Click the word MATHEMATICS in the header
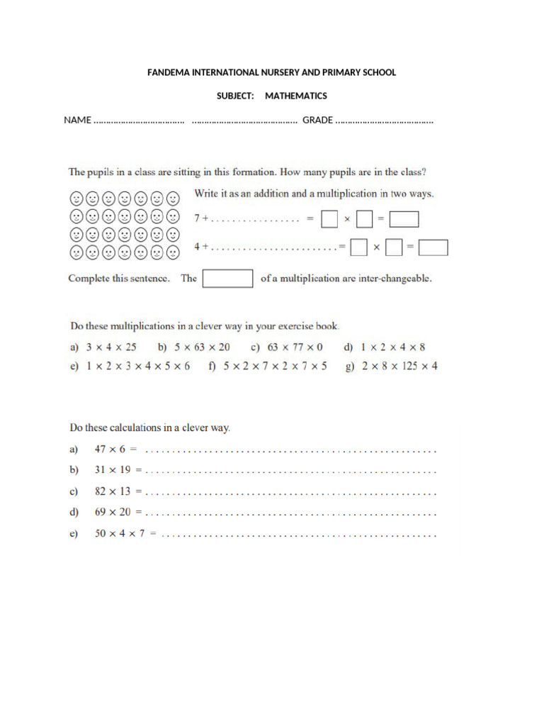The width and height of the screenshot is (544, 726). pos(296,96)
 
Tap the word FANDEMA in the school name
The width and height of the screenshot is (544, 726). pos(169,72)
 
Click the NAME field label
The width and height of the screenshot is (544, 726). pos(77,120)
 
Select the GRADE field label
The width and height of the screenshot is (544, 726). pos(317,120)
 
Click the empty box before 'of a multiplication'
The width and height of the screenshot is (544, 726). pos(227,279)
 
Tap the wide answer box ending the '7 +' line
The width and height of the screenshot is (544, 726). pos(404,220)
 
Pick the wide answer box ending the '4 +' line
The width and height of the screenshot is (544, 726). pos(433,247)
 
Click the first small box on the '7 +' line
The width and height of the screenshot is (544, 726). pos(329,220)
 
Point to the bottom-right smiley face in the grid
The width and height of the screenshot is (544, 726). pos(173,252)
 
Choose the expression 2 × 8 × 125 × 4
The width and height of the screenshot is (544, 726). pos(400,367)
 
